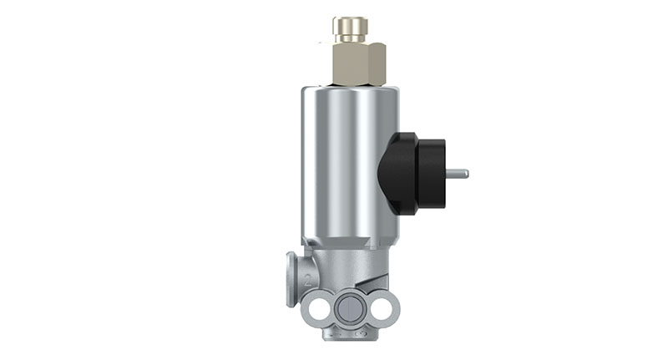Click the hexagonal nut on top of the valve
click(x=358, y=63)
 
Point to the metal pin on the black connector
click(x=457, y=174)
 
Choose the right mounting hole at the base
click(x=386, y=308)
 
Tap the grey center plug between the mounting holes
click(x=351, y=308)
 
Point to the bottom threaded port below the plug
click(x=351, y=334)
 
